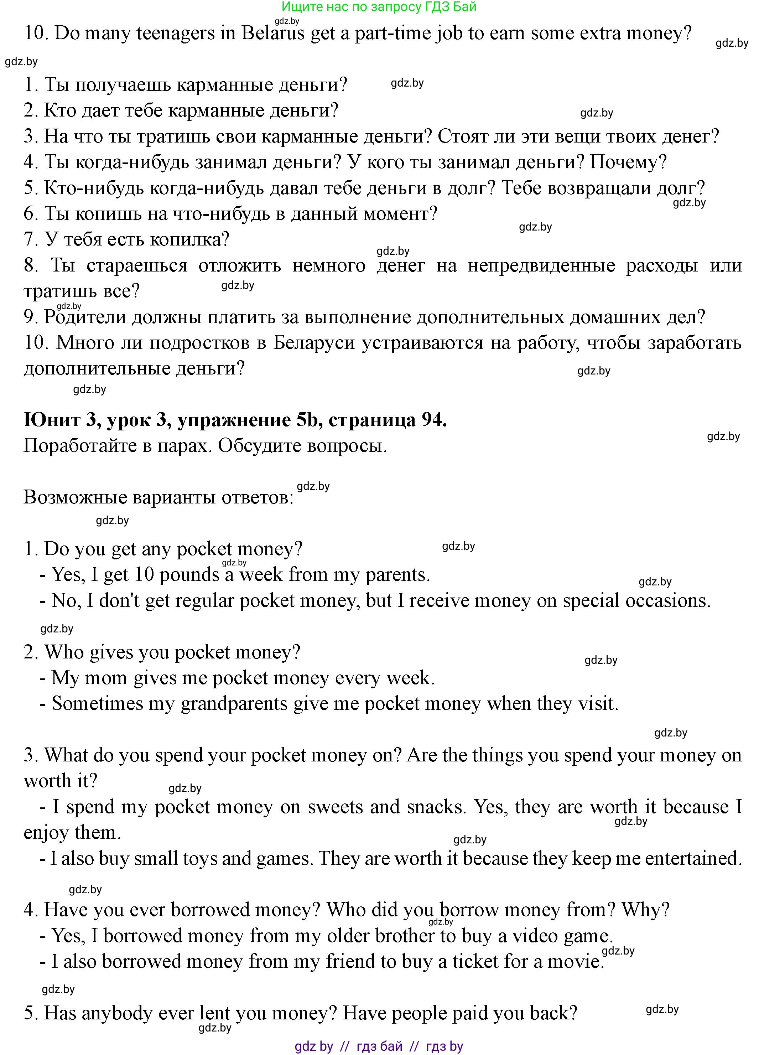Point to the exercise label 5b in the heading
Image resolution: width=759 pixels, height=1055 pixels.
306,420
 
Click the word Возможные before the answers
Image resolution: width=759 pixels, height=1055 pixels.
75,497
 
